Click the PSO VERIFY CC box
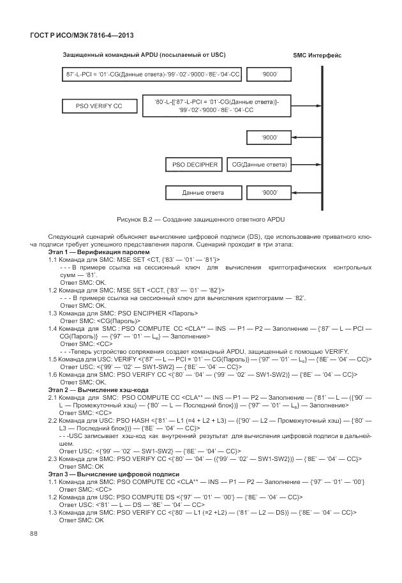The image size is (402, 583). coord(98,105)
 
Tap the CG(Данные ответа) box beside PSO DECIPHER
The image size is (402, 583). coord(258,165)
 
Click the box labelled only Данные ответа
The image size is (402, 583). coord(202,192)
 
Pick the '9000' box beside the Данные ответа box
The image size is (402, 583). coord(269,192)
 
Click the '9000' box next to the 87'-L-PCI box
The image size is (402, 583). coord(269,76)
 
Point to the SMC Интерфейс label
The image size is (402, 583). coord(317,55)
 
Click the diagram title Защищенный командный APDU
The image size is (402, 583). coord(144,55)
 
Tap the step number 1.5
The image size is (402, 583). coord(53,360)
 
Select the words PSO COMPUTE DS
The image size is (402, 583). coord(148,496)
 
